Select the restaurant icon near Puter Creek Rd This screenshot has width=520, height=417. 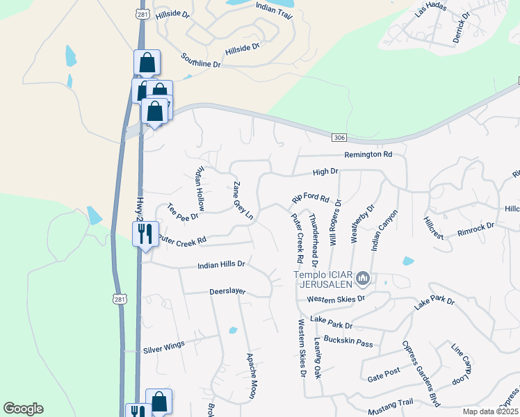coord(146,233)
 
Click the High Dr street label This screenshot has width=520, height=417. coord(325,171)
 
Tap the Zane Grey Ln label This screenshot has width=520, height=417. coord(243,202)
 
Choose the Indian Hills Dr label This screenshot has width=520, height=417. coord(222,264)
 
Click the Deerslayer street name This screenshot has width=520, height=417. coord(227,292)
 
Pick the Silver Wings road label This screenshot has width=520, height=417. coord(163,345)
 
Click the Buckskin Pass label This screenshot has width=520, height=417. coord(353,343)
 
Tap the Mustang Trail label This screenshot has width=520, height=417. coord(390,402)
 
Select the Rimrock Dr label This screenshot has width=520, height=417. coord(476,227)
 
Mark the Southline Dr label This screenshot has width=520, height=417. coord(200,60)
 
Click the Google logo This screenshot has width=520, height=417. coord(23,409)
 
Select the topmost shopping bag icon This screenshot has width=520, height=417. coord(147,63)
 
